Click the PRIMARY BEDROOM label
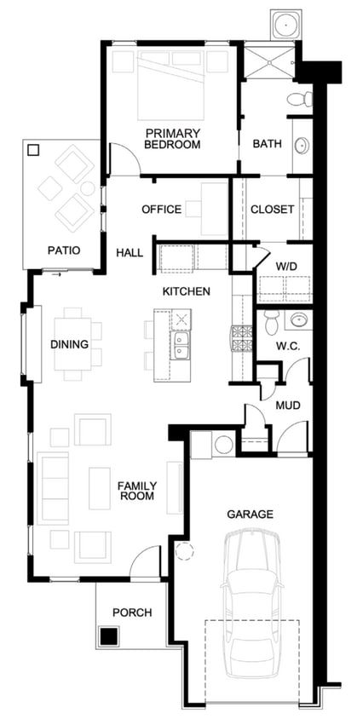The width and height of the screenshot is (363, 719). tap(172, 139)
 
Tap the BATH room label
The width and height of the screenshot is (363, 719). tap(267, 144)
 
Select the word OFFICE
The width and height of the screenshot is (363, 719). tap(162, 210)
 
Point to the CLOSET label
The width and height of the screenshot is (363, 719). tap(272, 210)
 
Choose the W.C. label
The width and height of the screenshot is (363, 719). tap(288, 346)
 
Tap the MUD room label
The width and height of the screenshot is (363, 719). tap(288, 406)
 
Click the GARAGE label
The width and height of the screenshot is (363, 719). tap(251, 514)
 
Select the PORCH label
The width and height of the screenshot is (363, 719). tap(132, 613)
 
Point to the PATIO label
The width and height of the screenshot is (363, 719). tap(64, 250)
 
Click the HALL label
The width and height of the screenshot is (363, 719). tap(130, 253)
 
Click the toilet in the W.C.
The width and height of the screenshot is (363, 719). tap(272, 322)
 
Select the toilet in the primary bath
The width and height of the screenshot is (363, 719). tap(300, 99)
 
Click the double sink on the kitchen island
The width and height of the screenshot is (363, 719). tap(181, 345)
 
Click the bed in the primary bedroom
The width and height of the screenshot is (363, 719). tap(171, 85)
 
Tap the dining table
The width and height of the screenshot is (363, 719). tap(72, 344)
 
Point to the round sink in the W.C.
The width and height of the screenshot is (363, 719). tap(299, 319)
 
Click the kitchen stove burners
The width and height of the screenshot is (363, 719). tap(241, 338)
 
